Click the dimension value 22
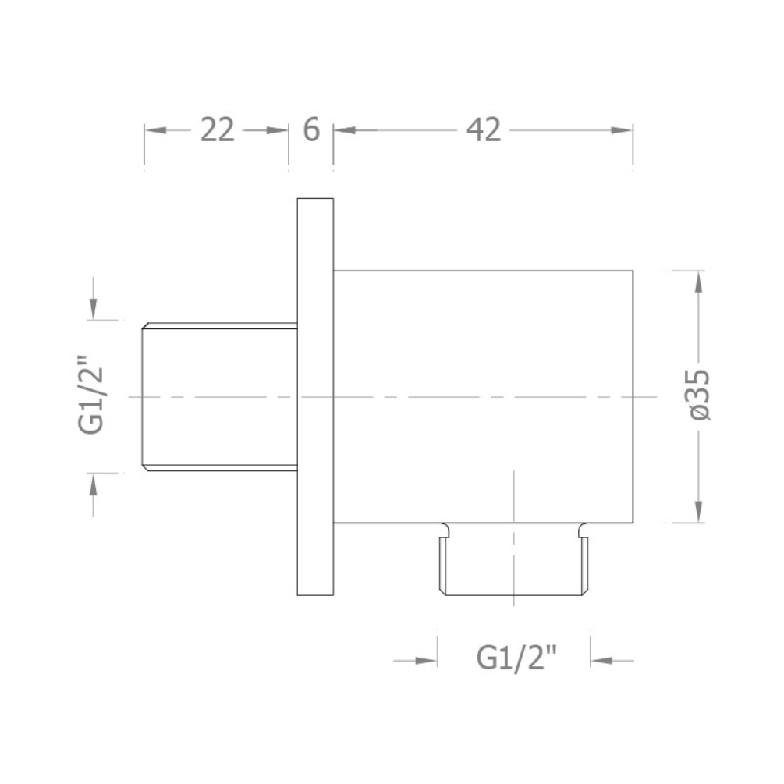coord(218,130)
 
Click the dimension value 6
coord(311,129)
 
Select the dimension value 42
coord(484,130)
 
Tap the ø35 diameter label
coord(699,396)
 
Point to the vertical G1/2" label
coord(90,395)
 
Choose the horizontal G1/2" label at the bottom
coord(516,658)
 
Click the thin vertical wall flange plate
coord(315,397)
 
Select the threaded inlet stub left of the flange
coord(219,397)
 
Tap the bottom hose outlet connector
coord(514,559)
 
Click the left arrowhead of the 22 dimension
coord(155,130)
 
